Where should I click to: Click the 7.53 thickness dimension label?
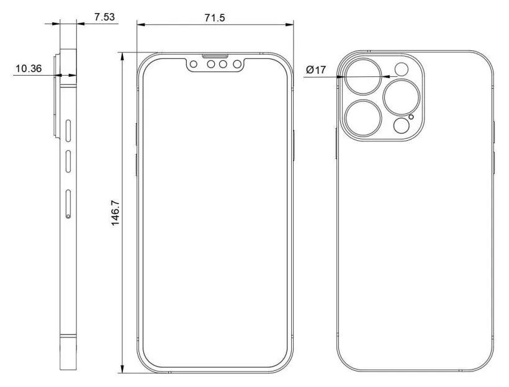(x=104, y=17)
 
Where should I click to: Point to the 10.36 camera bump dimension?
(x=28, y=69)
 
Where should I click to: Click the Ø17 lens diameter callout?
(x=316, y=70)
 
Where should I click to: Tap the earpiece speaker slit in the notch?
(x=215, y=55)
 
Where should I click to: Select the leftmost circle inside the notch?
(x=194, y=64)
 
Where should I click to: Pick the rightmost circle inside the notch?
(x=236, y=64)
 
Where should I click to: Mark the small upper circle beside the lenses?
(x=402, y=69)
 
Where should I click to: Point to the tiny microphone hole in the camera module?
(x=410, y=117)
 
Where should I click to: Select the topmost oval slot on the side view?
(x=68, y=131)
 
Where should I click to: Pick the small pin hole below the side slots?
(x=67, y=216)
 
